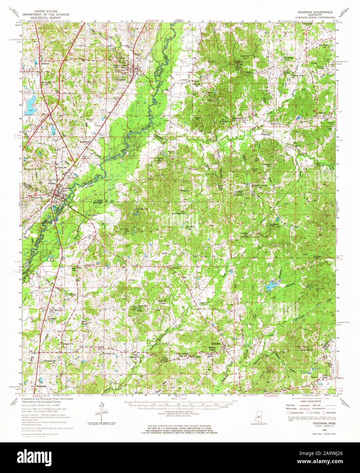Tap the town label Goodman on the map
pos(121,80)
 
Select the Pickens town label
pos(52,183)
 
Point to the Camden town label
pos(216,344)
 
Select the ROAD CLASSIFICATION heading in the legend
pos(310,402)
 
